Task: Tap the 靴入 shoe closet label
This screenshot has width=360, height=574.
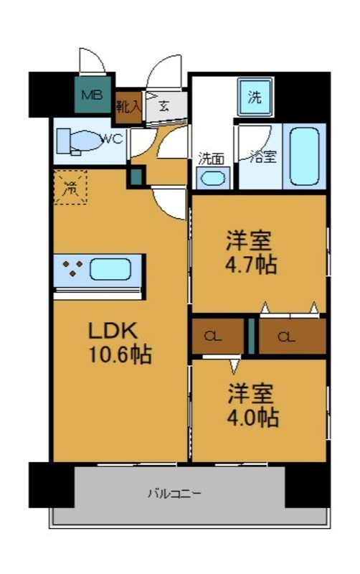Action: tap(129, 107)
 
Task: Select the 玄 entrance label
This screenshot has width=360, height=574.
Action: tap(163, 107)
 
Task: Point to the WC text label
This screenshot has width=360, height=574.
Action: tap(113, 138)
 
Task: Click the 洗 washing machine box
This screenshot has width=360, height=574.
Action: tap(254, 98)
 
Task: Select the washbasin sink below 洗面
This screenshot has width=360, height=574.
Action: tap(213, 178)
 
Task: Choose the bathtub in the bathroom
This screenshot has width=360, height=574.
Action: tap(304, 156)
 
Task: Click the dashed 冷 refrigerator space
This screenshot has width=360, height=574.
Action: tap(70, 188)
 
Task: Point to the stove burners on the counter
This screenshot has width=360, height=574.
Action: tap(72, 270)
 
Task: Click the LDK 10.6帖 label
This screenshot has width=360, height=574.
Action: tap(118, 342)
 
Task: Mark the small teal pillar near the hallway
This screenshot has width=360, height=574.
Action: tap(134, 176)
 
